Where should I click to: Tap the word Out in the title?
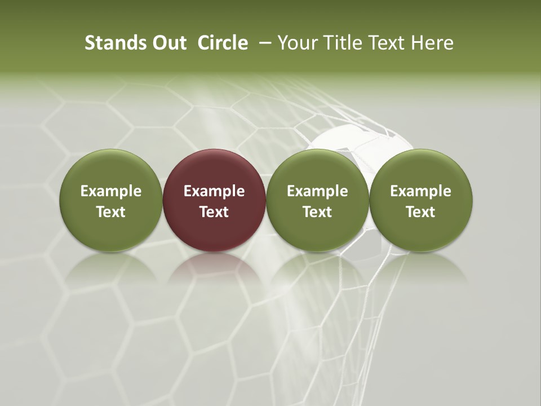click(167, 43)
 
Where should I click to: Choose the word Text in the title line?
click(386, 43)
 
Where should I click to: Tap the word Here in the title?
click(432, 43)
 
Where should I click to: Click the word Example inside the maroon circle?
click(214, 191)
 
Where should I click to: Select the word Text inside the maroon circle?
click(214, 212)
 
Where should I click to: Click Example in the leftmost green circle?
click(111, 191)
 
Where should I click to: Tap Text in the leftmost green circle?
click(111, 212)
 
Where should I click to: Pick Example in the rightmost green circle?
click(421, 191)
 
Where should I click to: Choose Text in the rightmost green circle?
click(421, 212)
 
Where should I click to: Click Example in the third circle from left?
click(317, 191)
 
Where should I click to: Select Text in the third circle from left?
click(317, 212)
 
